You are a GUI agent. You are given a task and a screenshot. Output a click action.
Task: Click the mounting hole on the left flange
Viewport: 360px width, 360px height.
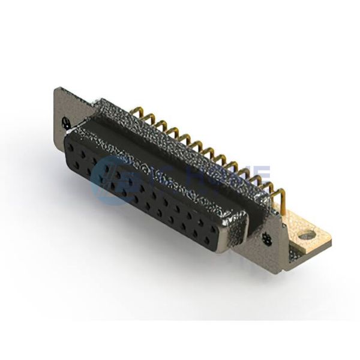(x=65, y=122)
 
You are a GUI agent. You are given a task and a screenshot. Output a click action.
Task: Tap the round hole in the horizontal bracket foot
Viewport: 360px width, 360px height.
(x=307, y=235)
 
